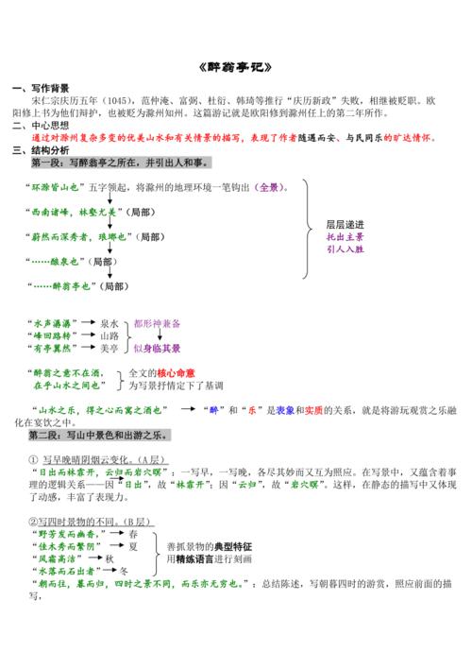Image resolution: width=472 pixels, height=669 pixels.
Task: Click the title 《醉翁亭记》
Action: (x=236, y=68)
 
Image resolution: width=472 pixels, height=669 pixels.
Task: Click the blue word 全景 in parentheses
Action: (x=269, y=187)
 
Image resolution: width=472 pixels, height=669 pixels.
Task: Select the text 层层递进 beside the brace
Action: (x=344, y=225)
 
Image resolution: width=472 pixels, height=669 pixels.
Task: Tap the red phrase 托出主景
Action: (x=344, y=237)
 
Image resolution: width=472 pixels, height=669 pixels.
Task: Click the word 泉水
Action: (x=110, y=323)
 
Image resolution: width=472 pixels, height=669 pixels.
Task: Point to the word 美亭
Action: (x=110, y=349)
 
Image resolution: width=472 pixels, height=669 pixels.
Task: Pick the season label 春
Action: (x=133, y=534)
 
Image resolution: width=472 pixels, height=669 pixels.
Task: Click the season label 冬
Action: (x=125, y=571)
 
